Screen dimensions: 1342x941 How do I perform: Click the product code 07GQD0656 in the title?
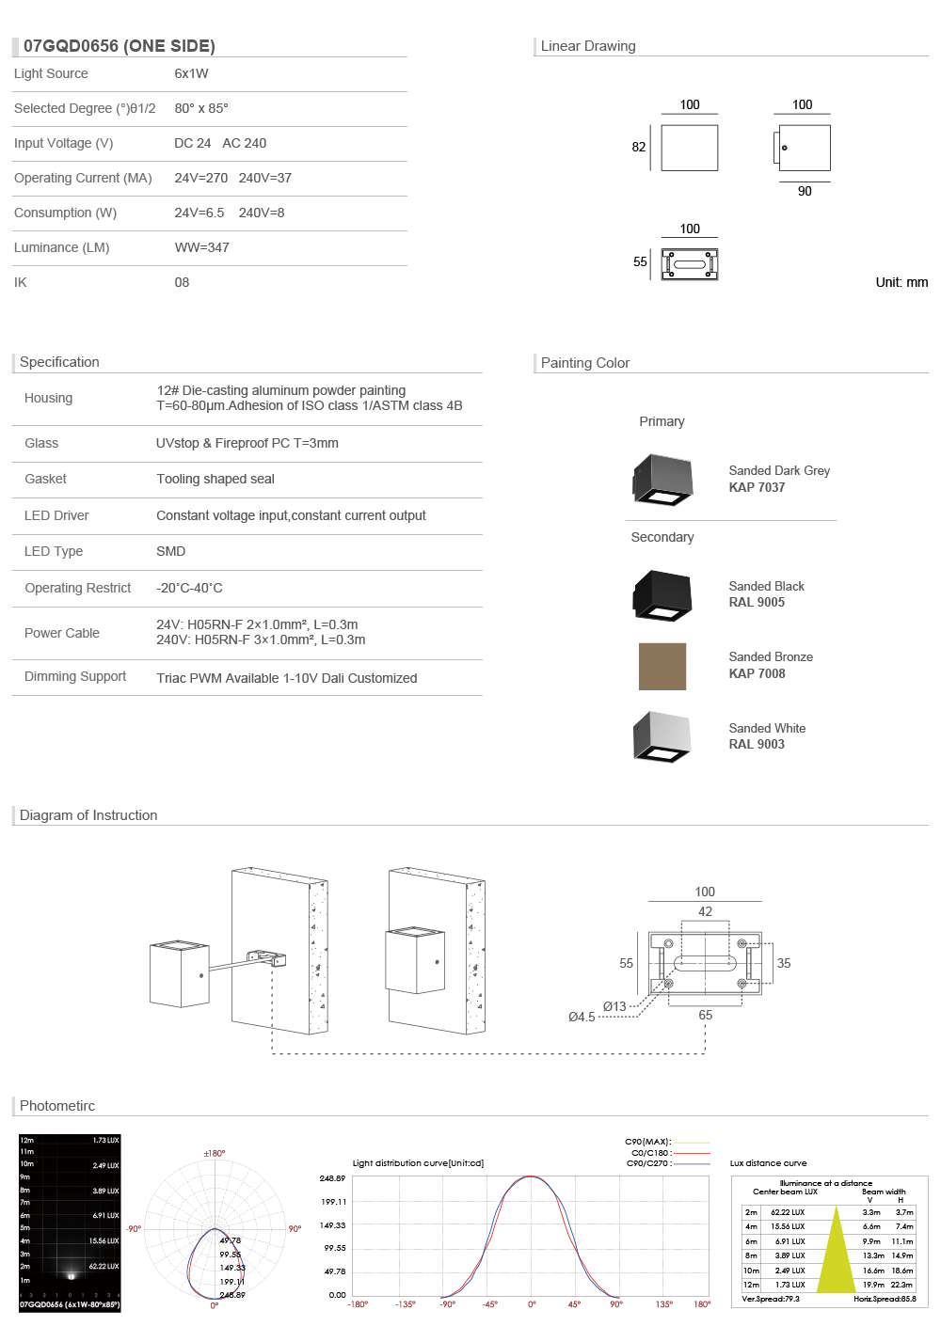71,46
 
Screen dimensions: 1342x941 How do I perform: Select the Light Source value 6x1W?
191,73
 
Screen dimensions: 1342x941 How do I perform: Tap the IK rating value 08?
182,282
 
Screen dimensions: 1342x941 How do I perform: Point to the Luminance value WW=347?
201,247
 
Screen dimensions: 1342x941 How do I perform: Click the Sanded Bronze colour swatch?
662,667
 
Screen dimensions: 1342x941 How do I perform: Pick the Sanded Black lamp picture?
662,594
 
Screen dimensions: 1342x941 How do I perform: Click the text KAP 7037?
757,487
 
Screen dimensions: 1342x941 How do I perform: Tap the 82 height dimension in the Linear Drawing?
639,147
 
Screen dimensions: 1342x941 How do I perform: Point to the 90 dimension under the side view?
805,191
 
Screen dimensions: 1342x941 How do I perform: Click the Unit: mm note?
901,282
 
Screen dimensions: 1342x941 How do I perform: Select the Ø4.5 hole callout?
582,1017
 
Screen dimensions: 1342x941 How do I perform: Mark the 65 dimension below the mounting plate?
705,1015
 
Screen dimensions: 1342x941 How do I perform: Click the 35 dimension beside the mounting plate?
784,963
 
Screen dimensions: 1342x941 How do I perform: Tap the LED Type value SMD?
170,551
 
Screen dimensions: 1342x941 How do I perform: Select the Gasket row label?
45,479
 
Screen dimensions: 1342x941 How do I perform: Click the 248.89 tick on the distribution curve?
332,1178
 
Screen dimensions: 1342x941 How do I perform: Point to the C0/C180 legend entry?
650,1153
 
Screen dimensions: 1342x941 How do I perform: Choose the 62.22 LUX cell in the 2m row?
788,1212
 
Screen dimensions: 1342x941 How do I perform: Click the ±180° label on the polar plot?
215,1153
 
